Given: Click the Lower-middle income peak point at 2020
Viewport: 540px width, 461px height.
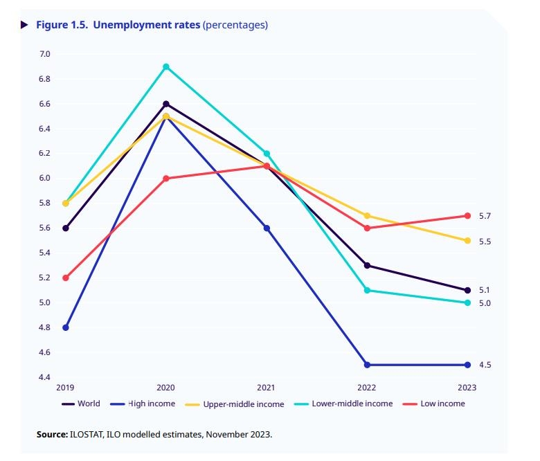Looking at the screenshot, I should coord(166,66).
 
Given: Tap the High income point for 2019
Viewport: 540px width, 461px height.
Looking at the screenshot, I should coord(66,327).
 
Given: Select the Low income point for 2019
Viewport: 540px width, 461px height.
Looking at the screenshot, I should coord(66,278).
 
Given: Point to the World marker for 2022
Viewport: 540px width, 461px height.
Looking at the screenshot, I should coord(367,265).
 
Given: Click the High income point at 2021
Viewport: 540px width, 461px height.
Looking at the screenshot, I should coord(267,228).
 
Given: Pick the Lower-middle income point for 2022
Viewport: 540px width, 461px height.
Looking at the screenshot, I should coord(367,290).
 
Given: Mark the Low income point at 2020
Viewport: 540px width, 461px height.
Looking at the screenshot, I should coord(166,178).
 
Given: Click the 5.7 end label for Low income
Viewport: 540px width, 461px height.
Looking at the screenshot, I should coord(485,216).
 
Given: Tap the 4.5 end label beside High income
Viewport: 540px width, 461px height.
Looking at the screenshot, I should coord(485,365).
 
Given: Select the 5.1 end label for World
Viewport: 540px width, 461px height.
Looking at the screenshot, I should coord(485,290).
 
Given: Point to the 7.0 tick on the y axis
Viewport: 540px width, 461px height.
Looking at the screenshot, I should coord(45,54).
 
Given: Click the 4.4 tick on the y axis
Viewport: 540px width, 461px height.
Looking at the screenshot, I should coord(45,377).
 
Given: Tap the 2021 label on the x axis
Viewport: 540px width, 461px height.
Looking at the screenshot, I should coord(267,388).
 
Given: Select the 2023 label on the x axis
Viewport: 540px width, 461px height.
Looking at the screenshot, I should coord(467,388).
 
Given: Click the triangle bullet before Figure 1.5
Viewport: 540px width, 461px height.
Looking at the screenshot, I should coord(25,25).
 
